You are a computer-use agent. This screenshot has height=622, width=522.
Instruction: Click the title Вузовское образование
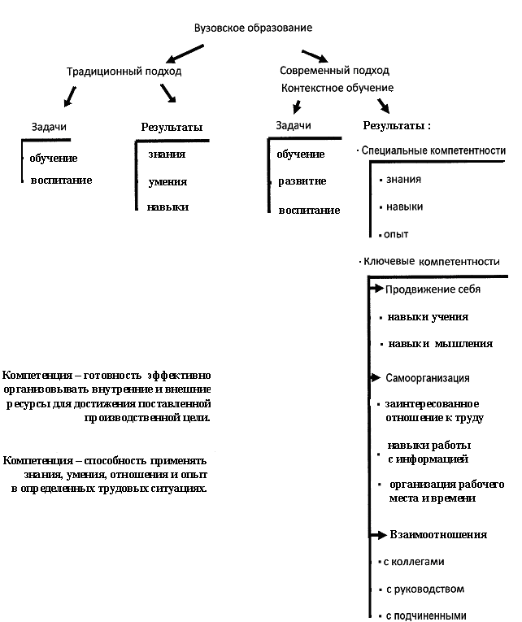[x=253, y=28]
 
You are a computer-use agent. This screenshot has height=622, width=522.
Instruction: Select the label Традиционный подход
[x=124, y=72]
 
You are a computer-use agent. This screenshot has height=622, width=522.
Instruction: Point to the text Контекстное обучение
[x=337, y=88]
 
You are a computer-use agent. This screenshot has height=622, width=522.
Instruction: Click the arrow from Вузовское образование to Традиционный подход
[x=185, y=54]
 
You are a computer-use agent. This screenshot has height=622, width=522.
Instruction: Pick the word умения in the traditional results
[x=167, y=182]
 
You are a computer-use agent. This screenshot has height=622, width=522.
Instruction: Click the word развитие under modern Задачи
[x=302, y=181]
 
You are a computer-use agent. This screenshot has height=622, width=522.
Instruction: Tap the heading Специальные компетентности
[x=433, y=151]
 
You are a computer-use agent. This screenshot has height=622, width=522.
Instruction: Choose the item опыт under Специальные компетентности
[x=397, y=234]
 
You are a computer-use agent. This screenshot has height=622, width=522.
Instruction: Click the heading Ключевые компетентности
[x=431, y=262]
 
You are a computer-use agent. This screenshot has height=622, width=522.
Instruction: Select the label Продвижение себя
[x=433, y=289]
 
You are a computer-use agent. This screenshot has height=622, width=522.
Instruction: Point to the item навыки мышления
[x=440, y=344]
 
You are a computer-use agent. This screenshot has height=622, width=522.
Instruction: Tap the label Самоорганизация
[x=427, y=379]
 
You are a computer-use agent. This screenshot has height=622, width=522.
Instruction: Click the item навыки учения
[x=428, y=317]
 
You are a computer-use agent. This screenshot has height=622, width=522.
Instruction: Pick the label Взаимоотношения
[x=438, y=535]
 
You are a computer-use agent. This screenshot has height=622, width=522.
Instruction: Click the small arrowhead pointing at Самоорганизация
[x=375, y=378]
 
